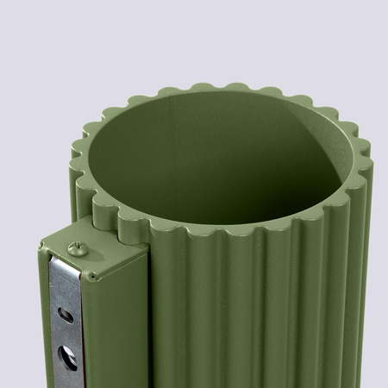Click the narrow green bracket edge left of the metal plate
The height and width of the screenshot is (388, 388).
point(43,328)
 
